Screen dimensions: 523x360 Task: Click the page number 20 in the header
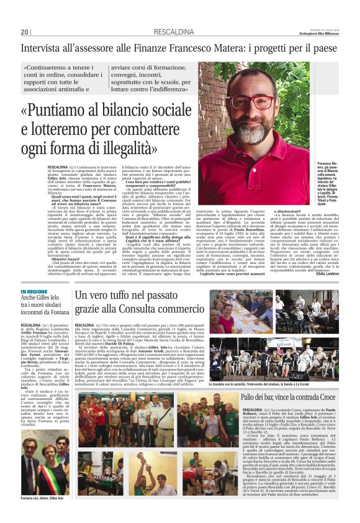25,32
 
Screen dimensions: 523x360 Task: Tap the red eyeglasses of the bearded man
250,101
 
